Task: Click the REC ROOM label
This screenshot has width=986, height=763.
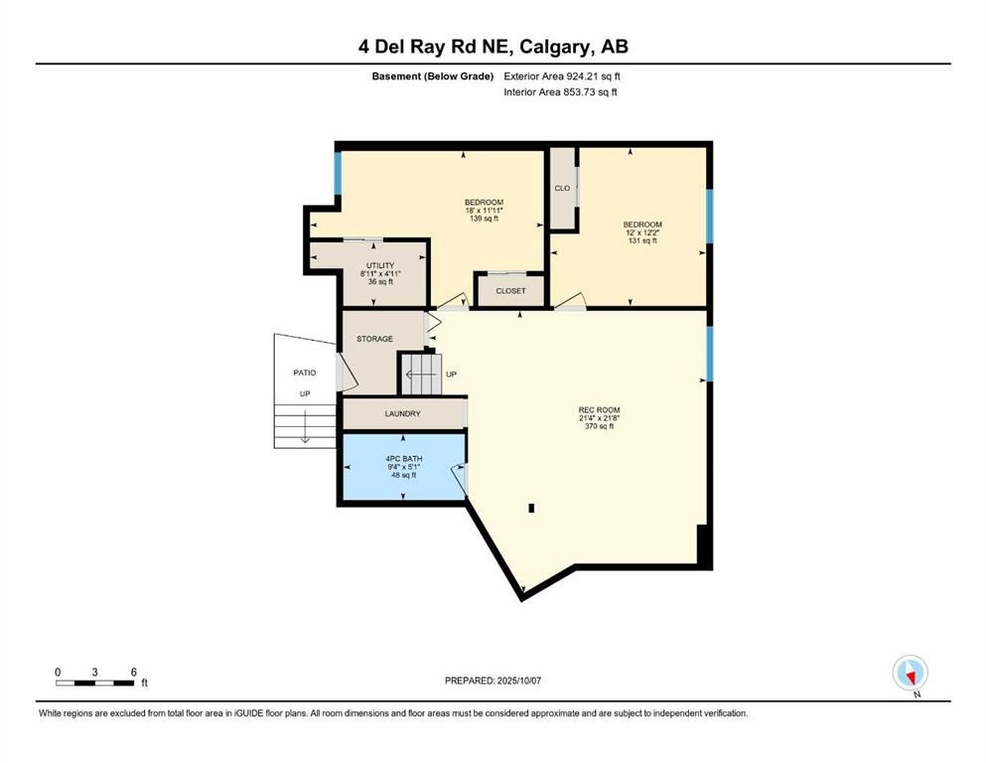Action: (x=599, y=408)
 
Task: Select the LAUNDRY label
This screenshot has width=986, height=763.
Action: (x=402, y=414)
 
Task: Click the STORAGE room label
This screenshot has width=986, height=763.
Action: (x=375, y=339)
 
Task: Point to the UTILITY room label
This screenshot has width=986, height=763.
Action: (x=380, y=265)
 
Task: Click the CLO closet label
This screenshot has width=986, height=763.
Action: (x=562, y=187)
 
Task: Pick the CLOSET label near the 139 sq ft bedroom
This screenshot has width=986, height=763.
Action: (x=510, y=291)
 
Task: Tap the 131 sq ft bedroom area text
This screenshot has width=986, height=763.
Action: (x=642, y=240)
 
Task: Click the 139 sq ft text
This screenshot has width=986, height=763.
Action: (x=484, y=219)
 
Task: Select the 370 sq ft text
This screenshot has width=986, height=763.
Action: (x=599, y=426)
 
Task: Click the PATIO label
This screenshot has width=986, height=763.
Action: (x=304, y=373)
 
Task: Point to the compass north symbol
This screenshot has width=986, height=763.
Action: (x=910, y=673)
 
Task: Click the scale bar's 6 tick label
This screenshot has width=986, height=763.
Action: (x=133, y=672)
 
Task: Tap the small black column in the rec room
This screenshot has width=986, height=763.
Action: (x=531, y=508)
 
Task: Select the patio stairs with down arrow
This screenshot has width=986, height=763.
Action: (x=305, y=423)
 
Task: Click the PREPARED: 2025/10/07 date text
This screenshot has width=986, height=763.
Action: (x=493, y=681)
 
